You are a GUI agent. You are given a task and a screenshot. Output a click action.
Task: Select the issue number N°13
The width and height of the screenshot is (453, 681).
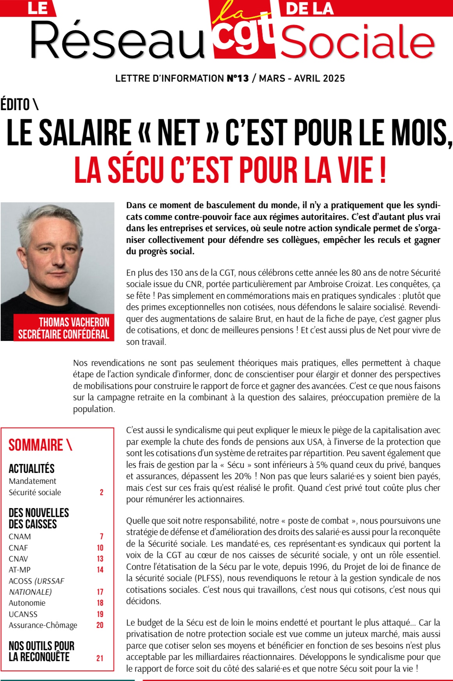pyautogui.click(x=238, y=78)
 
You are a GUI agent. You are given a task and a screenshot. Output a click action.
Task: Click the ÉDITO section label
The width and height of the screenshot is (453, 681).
pyautogui.click(x=19, y=105)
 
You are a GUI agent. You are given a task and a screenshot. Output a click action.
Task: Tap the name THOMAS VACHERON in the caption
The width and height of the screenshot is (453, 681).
pyautogui.click(x=74, y=322)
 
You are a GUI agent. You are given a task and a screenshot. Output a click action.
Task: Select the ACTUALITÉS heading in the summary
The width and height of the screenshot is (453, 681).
pyautogui.click(x=32, y=469)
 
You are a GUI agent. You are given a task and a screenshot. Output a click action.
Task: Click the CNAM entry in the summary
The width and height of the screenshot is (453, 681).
pyautogui.click(x=20, y=537)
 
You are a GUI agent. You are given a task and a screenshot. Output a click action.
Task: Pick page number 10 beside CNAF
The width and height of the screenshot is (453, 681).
pyautogui.click(x=100, y=548)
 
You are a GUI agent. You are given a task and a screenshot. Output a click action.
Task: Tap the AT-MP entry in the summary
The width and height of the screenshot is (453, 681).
pyautogui.click(x=20, y=570)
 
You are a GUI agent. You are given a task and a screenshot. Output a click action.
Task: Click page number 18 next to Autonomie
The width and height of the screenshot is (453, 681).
pyautogui.click(x=100, y=603)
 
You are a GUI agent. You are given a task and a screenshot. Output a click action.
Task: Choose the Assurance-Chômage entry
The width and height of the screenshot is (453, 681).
pyautogui.click(x=43, y=625)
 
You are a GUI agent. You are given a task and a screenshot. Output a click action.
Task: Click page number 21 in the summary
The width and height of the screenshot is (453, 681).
pyautogui.click(x=100, y=658)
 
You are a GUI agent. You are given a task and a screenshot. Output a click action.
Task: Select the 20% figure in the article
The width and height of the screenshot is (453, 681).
pyautogui.click(x=242, y=476)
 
